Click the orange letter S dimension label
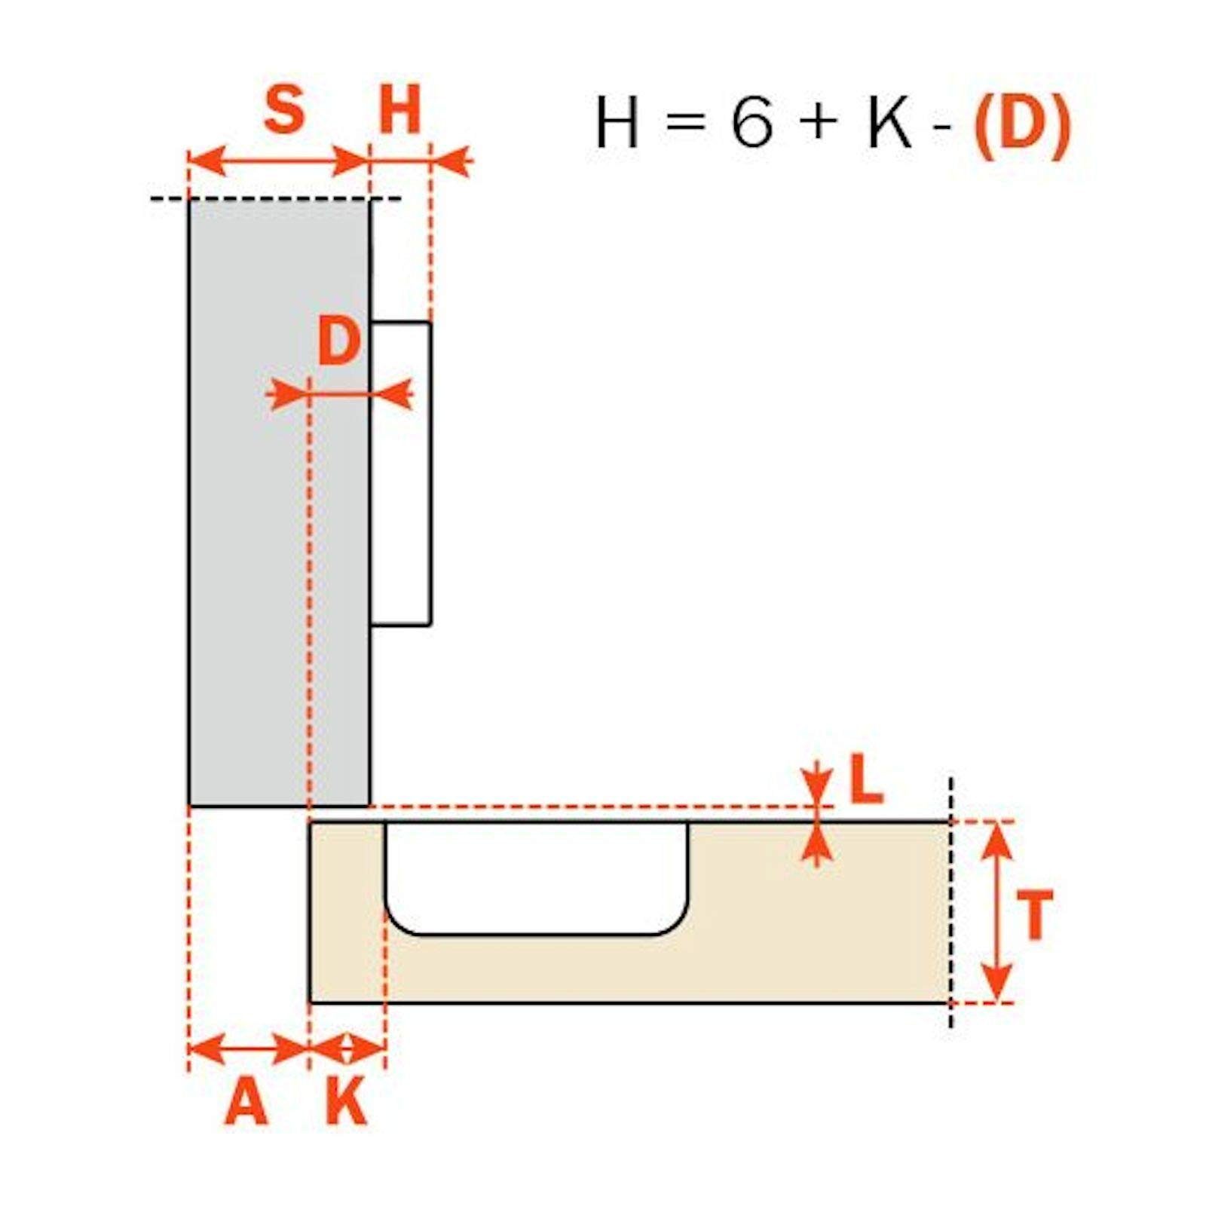coord(285,109)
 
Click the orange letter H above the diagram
coord(399,109)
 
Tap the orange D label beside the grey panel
coord(339,341)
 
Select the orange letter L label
coord(866,778)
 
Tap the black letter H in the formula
coord(617,121)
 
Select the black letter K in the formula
coord(890,121)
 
